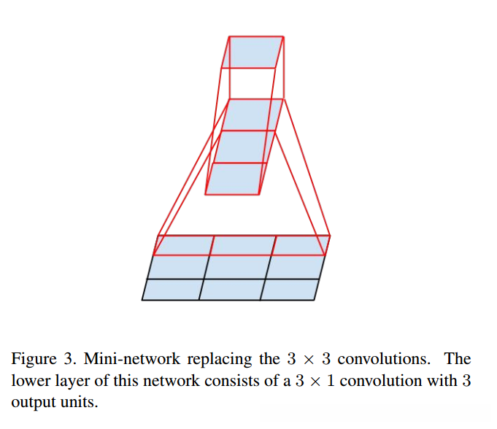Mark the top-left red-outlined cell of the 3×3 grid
point(184,245)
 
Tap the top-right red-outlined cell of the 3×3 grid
point(300,245)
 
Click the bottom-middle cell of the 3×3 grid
point(231,290)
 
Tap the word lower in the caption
point(29,380)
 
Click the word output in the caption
point(31,401)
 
